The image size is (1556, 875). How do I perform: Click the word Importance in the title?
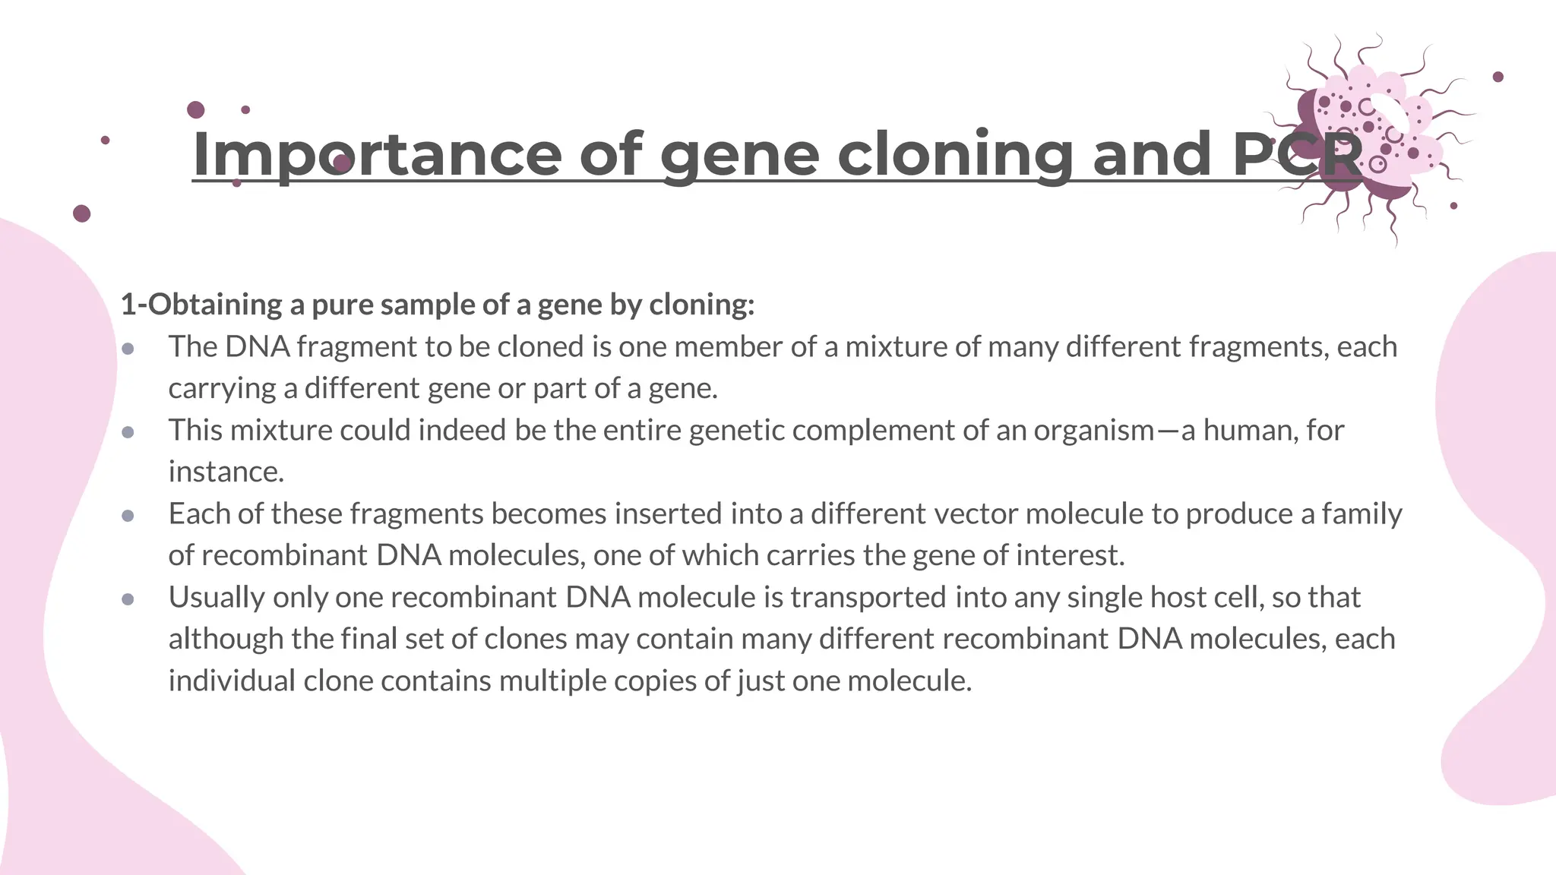[377, 155]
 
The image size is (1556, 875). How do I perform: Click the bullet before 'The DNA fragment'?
[128, 349]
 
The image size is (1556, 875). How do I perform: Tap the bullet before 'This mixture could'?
[128, 432]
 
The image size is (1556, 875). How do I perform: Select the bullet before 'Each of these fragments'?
[128, 516]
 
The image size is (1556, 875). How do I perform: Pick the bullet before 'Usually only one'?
[128, 599]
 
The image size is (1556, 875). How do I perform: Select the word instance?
[226, 472]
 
